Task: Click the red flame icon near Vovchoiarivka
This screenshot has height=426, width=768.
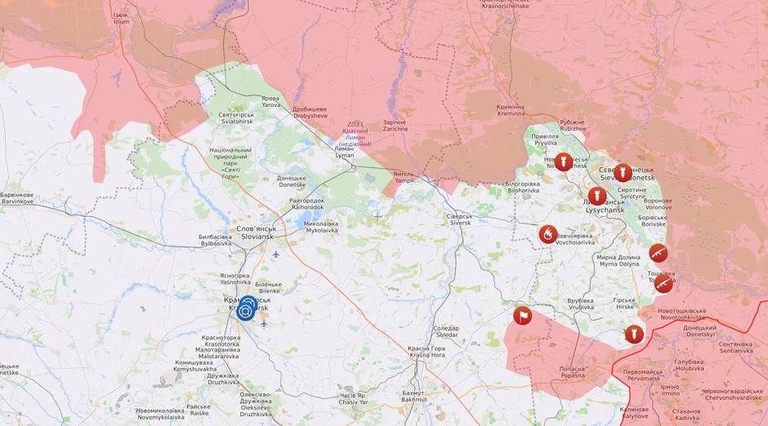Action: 548,234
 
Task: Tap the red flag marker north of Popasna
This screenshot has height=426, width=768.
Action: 522,316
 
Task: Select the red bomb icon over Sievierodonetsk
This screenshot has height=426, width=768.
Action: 623,171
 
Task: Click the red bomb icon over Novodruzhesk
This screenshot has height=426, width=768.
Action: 564,162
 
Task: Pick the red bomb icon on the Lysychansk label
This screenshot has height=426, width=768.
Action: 597,197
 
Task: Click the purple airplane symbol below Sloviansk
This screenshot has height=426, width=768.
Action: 275,254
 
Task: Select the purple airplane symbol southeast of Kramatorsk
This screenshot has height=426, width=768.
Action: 264,323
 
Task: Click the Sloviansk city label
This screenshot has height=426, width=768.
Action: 256,233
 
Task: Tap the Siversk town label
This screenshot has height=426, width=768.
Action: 459,220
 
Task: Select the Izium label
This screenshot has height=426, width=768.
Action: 120,18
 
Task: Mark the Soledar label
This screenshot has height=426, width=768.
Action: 447,331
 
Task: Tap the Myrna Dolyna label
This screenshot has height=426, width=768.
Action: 619,261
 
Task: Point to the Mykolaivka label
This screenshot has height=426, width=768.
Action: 321,227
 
